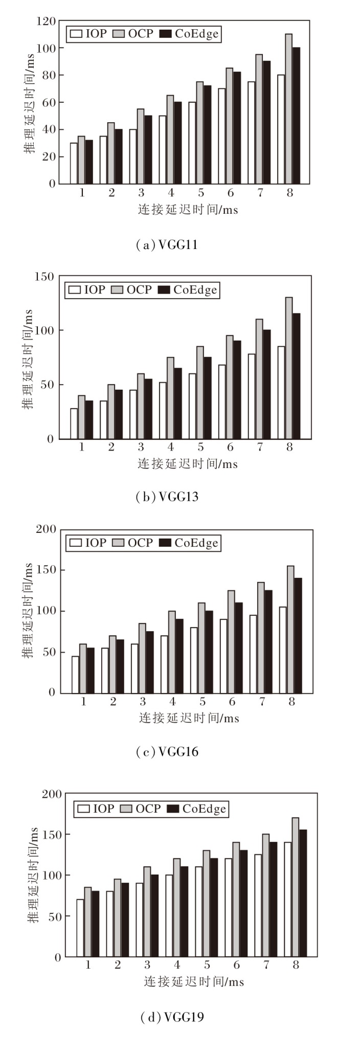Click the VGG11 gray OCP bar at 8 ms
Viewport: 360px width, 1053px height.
289,109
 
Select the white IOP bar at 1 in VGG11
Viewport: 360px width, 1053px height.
74,163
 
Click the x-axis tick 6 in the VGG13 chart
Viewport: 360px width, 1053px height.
230,447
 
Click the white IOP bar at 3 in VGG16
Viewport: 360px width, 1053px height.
134,668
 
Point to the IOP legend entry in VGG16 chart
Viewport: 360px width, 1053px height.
87,543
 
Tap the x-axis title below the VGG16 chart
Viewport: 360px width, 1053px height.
189,718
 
